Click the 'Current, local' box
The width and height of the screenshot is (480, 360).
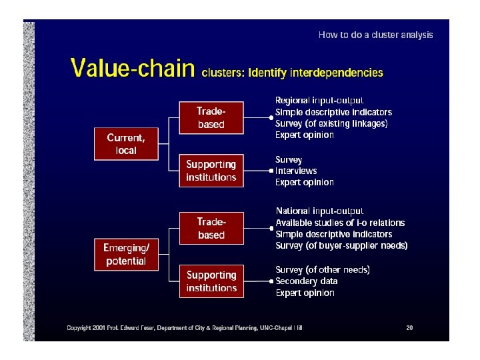(125, 144)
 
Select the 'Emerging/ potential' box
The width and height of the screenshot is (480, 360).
(125, 255)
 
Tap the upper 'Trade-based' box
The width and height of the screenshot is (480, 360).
(211, 118)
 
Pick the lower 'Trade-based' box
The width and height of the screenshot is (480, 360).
(211, 229)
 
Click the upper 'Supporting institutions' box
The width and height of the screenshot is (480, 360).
(211, 171)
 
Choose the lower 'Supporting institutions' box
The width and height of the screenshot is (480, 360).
(211, 281)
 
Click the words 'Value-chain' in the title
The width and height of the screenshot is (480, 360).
(133, 69)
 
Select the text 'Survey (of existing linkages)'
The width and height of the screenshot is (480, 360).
(331, 123)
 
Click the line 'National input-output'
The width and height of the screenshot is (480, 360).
(320, 211)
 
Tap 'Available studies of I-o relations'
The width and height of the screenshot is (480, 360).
(340, 223)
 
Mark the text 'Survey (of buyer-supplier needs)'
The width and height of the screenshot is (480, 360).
(341, 245)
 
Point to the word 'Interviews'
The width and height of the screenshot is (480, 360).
(296, 171)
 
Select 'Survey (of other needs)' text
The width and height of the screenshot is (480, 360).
(323, 270)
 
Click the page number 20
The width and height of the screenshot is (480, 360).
(409, 327)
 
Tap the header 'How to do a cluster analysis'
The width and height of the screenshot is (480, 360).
(375, 35)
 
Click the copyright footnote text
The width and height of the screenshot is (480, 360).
(184, 327)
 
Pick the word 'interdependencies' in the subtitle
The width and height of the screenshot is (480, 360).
(339, 73)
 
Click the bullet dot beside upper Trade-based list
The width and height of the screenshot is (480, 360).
(271, 118)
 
